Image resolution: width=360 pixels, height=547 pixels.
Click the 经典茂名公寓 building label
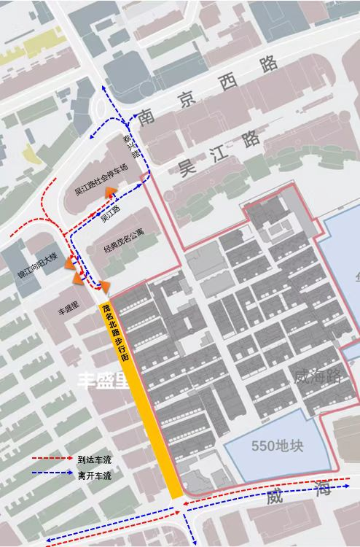pyautogui.click(x=124, y=247)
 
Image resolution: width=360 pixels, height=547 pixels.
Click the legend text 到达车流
pyautogui.click(x=94, y=459)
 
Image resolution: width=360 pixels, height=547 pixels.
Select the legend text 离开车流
pyautogui.click(x=94, y=476)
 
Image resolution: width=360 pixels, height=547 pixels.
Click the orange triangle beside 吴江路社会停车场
pyautogui.click(x=111, y=193)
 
